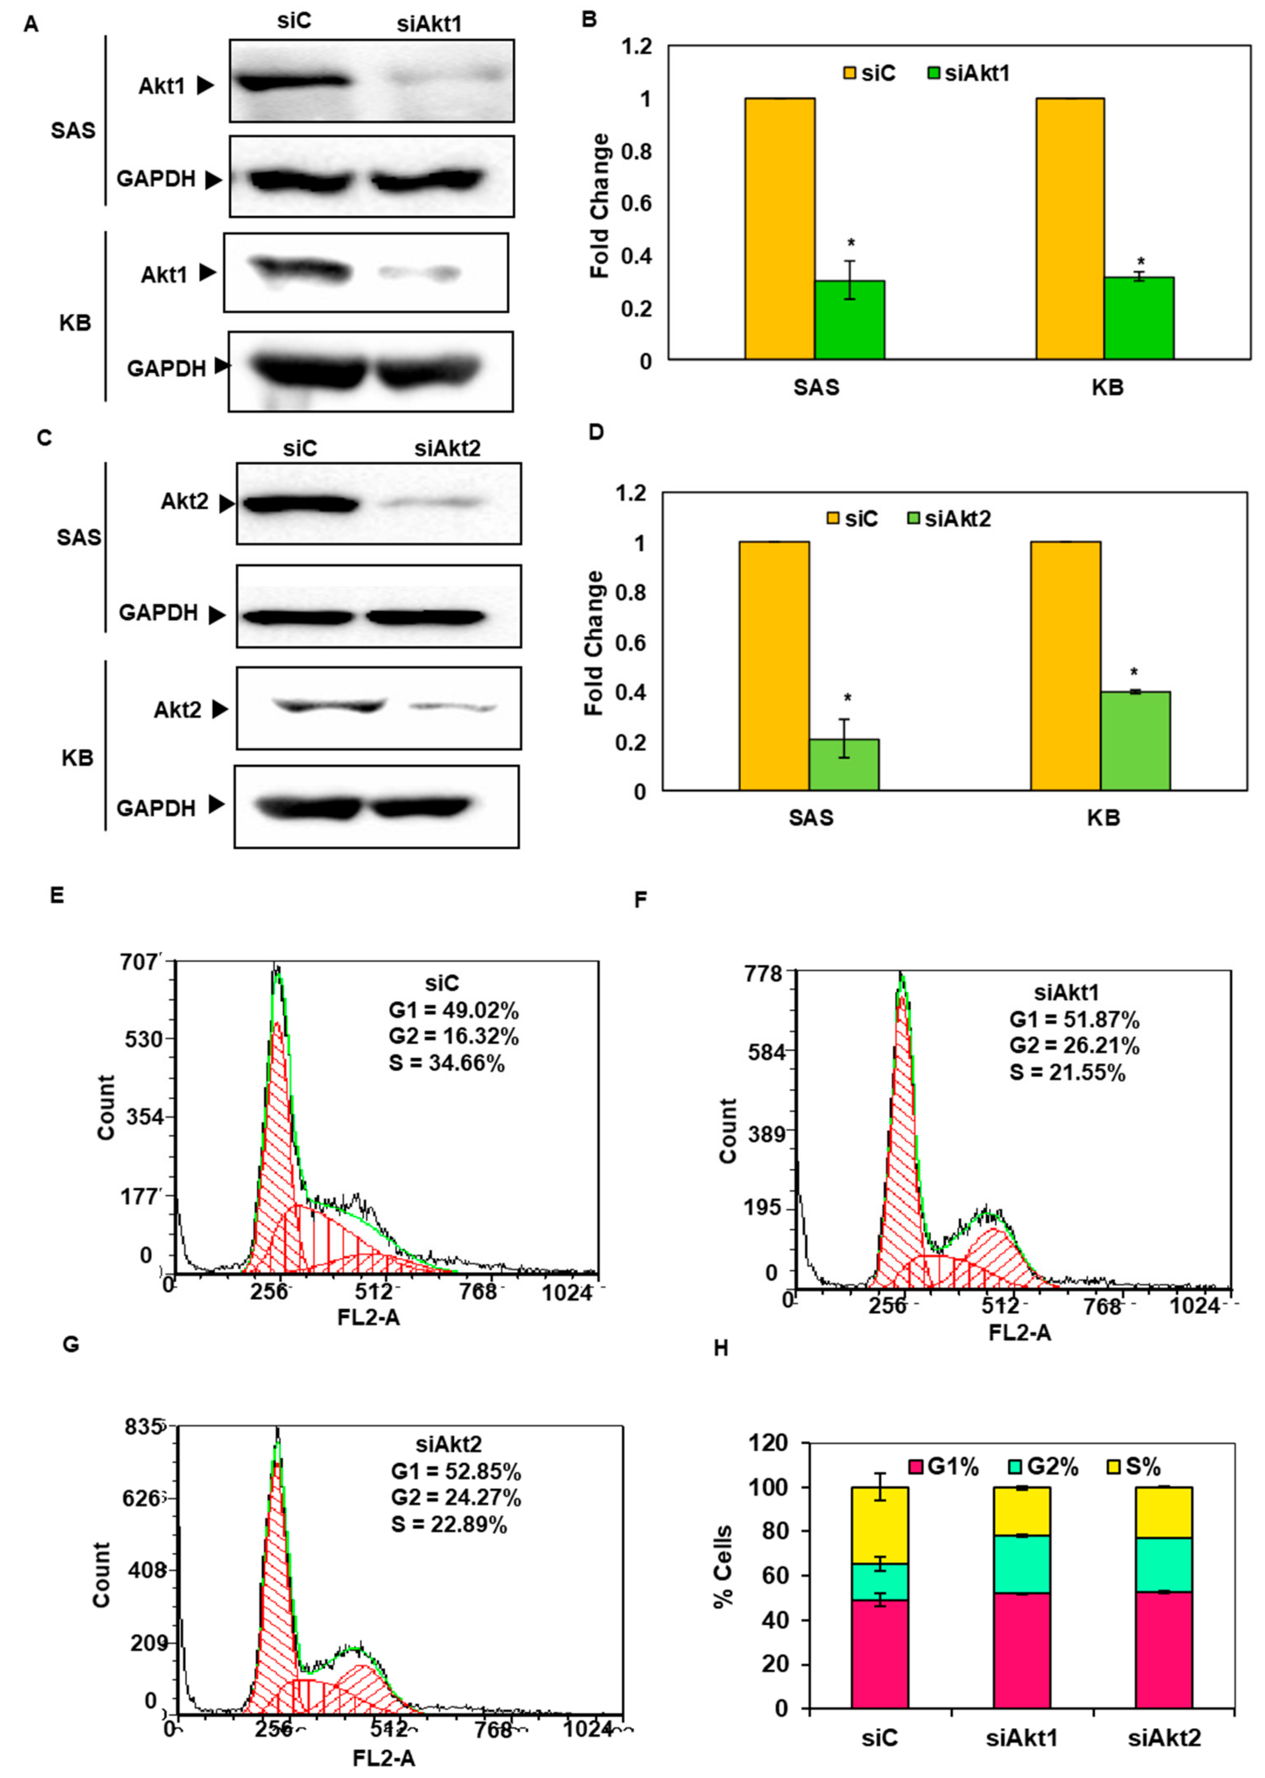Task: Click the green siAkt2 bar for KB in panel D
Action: [x=1135, y=741]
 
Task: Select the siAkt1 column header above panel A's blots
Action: [x=429, y=24]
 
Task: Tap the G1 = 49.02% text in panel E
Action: [x=453, y=1011]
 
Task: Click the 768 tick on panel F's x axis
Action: [x=1106, y=1306]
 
